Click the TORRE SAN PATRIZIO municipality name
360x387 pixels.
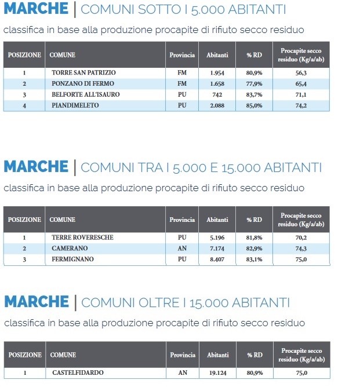[83, 73]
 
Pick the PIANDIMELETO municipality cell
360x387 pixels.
[75, 105]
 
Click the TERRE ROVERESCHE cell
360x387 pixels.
[82, 238]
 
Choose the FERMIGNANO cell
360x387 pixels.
[72, 259]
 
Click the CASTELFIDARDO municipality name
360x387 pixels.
[78, 373]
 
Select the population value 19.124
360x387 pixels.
[217, 373]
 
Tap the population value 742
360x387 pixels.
[217, 94]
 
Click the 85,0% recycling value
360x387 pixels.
[254, 105]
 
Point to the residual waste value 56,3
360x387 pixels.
[301, 73]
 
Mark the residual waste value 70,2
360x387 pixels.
[301, 238]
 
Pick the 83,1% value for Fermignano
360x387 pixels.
[254, 259]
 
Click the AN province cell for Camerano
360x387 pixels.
[182, 248]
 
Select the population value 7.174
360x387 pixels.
[217, 248]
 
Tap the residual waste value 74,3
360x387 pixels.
[301, 248]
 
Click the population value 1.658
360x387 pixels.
[217, 84]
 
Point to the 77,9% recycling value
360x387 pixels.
[254, 84]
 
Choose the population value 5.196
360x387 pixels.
[217, 238]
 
